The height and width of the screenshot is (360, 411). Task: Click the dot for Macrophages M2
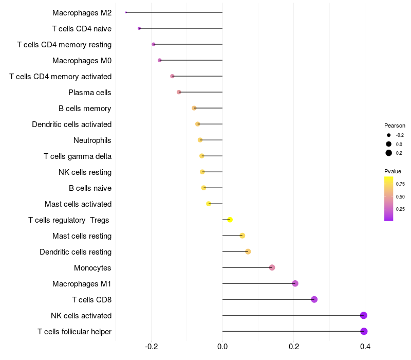tap(126, 12)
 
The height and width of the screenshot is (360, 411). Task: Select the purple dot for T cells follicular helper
tap(364, 331)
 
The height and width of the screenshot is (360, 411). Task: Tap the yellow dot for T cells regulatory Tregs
tap(230, 220)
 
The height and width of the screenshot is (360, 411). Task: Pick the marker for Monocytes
tap(272, 267)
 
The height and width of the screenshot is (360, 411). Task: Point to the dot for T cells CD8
tap(314, 299)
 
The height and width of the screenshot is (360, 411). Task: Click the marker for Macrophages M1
tap(295, 283)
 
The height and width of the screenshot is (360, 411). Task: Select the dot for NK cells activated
tap(363, 315)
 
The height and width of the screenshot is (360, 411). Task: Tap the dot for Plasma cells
tap(179, 92)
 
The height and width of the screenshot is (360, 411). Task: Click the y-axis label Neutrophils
tap(92, 140)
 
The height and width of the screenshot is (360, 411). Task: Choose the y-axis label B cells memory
tap(85, 109)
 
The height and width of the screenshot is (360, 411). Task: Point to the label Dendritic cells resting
tap(76, 252)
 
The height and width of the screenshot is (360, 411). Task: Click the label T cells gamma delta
tap(78, 156)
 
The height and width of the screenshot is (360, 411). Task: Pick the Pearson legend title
tap(395, 125)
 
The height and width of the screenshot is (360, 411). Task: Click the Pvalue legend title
tap(393, 171)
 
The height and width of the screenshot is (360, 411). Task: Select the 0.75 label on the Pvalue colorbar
tap(400, 184)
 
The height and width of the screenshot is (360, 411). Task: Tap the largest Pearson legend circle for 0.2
tap(389, 153)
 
